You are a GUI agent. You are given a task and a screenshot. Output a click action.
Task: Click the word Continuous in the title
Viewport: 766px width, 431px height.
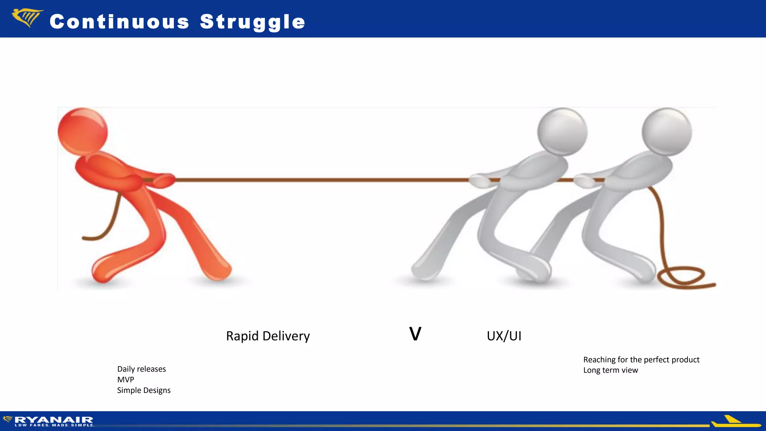tap(119, 22)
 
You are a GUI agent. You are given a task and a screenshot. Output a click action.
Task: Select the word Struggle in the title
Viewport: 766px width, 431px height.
tap(252, 22)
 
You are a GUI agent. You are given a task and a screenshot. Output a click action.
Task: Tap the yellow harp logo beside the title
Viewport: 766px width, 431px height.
tap(27, 18)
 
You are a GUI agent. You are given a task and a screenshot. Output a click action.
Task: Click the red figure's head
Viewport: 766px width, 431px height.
tap(83, 131)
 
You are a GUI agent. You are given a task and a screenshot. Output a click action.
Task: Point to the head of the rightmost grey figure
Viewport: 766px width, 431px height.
tap(667, 132)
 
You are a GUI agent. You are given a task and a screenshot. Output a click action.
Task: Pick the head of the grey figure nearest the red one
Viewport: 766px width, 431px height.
tap(562, 132)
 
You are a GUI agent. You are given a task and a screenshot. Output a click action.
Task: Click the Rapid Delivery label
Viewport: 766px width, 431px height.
tap(268, 336)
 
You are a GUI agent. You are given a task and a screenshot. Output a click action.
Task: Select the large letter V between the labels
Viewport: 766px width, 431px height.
tap(415, 334)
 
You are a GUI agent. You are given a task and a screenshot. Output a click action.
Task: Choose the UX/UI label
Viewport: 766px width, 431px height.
tap(504, 336)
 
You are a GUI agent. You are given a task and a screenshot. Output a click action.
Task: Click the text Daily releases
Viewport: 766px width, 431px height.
tap(141, 369)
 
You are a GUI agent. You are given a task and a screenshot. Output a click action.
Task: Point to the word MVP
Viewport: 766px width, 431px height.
tap(126, 379)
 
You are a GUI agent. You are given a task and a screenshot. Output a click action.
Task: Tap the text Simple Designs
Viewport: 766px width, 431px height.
tap(144, 390)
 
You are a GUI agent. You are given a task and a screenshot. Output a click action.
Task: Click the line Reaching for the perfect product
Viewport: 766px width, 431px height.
tap(641, 360)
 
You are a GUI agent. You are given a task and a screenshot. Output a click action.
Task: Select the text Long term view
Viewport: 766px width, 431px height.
tap(610, 370)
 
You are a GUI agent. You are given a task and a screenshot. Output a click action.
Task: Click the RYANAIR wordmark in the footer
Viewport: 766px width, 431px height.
tap(54, 420)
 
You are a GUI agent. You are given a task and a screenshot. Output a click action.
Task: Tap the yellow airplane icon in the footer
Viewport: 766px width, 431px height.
tap(733, 422)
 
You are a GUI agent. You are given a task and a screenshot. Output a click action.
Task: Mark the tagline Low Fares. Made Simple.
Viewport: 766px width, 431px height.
tap(54, 425)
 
